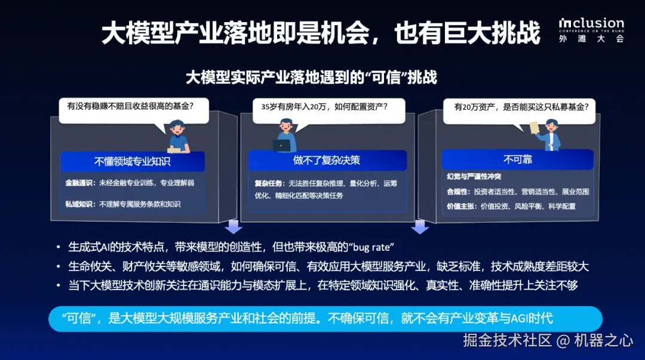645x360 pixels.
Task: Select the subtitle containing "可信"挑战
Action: coord(311,78)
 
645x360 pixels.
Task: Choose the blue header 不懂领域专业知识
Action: coord(132,161)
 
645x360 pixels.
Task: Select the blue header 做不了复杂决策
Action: coord(327,160)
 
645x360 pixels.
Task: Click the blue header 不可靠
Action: coord(517,159)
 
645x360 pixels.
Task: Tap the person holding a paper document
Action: coord(549,135)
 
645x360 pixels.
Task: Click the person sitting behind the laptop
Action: coord(284,136)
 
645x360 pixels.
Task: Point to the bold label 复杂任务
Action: coord(269,183)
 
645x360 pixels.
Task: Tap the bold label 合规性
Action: coord(457,192)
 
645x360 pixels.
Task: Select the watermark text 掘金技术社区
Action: coord(508,341)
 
